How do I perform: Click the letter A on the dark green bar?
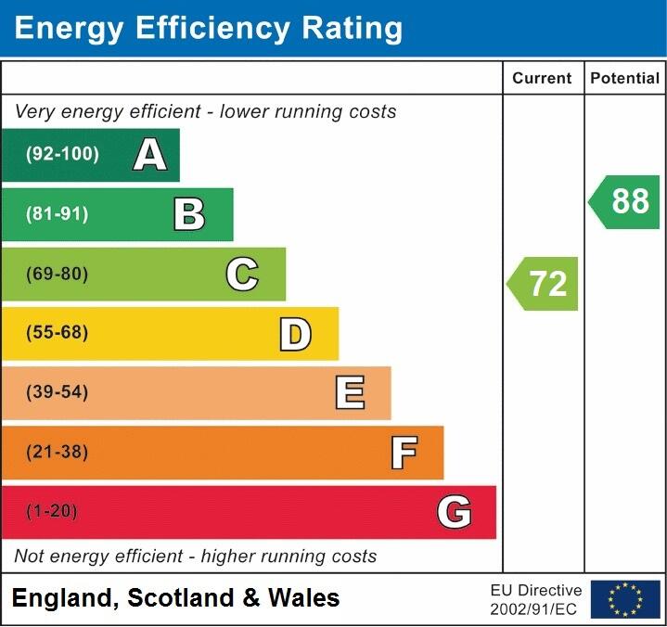150,155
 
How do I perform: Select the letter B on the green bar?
189,214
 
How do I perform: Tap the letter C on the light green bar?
242,275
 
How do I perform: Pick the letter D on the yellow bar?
295,334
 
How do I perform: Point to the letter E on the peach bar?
349,393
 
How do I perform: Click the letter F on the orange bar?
403,453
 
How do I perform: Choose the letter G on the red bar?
455,512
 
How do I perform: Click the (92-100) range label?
62,155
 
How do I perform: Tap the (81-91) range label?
58,214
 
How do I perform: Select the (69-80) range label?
58,275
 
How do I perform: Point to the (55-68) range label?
58,333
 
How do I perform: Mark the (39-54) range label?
58,392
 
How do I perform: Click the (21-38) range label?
58,453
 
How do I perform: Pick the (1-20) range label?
52,512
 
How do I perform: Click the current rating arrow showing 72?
544,284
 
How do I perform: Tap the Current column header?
542,79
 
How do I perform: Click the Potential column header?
625,79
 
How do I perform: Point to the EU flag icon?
625,599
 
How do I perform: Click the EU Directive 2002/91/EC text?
536,599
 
